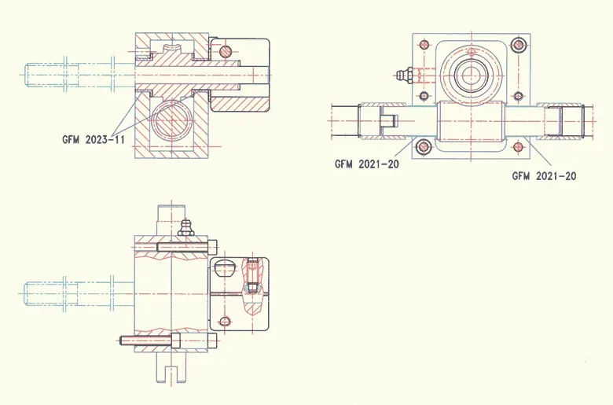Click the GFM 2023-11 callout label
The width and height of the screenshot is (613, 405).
[94, 138]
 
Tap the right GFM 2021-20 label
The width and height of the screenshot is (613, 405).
[544, 176]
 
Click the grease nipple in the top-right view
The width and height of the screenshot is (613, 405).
[402, 75]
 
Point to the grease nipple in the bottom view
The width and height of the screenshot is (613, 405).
[185, 227]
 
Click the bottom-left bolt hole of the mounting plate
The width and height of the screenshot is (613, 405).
[424, 146]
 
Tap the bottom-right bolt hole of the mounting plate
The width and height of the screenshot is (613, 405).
[519, 146]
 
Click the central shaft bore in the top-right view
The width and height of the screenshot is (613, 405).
[472, 76]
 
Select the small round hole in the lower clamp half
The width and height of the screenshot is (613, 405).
[226, 321]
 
